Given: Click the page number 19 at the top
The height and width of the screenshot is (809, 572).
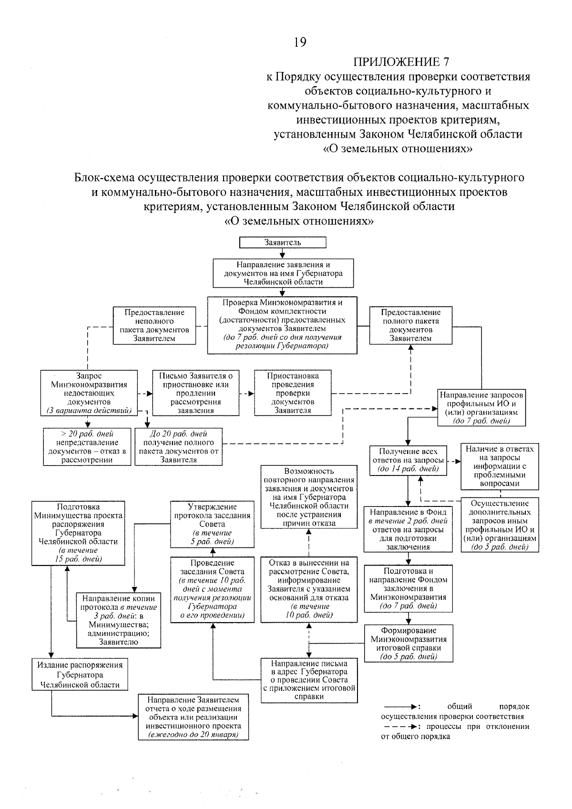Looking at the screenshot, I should [x=299, y=42].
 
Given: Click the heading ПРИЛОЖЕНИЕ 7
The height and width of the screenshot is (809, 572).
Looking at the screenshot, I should [x=401, y=62].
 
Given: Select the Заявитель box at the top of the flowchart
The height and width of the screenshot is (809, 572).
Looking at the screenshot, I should [x=283, y=243].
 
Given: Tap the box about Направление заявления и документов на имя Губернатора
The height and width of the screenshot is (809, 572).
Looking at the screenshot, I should [x=283, y=273].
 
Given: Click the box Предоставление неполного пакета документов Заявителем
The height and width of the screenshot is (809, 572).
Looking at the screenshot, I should [x=154, y=325].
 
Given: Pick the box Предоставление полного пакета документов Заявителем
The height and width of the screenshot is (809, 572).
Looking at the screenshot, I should [x=410, y=325].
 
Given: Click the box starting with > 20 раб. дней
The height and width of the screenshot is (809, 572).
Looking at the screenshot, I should [x=87, y=446].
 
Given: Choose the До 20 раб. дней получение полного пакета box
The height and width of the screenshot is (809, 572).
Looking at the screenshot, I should [x=178, y=446].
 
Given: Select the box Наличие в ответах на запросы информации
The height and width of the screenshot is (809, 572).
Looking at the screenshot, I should [x=500, y=466].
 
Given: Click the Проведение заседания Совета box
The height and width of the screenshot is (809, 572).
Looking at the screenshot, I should [x=212, y=589].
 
